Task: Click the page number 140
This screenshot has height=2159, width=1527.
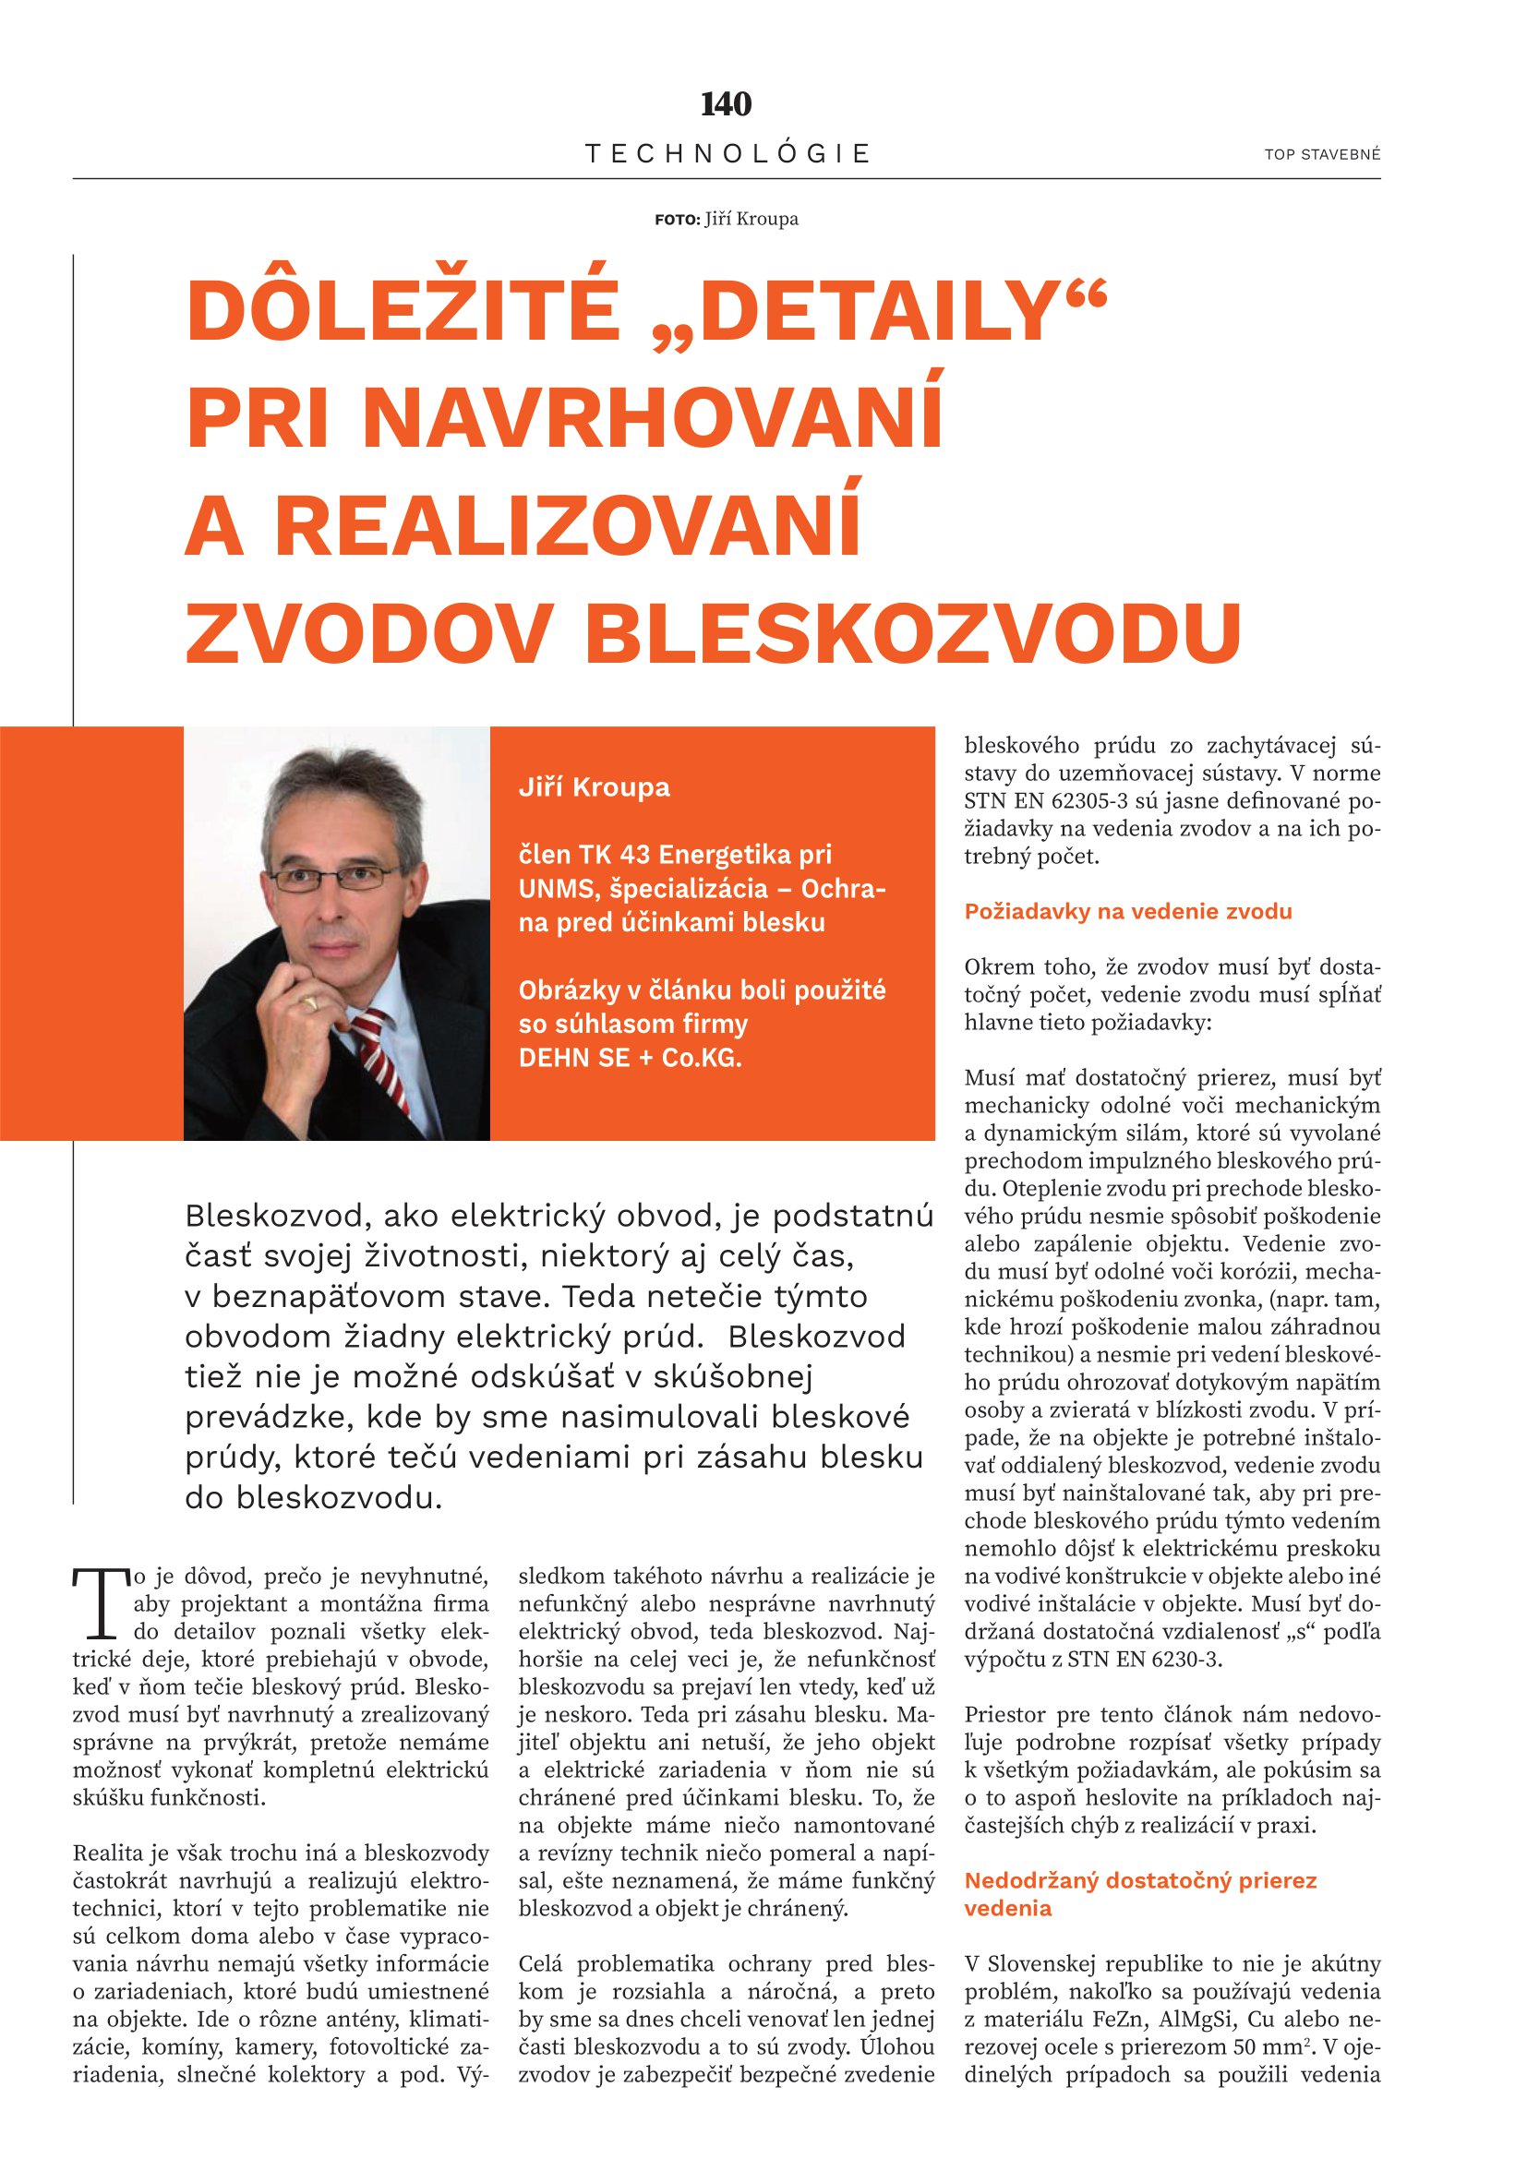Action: click(726, 103)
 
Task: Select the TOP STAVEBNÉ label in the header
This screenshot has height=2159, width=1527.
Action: click(1322, 154)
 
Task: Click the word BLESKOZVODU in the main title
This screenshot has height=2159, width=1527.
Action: click(913, 632)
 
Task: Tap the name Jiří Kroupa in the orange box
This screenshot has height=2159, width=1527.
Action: click(595, 787)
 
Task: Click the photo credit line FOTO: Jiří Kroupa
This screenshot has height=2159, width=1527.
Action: click(726, 219)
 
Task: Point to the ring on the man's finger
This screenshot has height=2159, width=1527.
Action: click(308, 1003)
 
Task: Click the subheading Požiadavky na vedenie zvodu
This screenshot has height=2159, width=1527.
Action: click(1128, 911)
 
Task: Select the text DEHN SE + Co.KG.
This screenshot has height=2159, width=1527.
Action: click(630, 1058)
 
